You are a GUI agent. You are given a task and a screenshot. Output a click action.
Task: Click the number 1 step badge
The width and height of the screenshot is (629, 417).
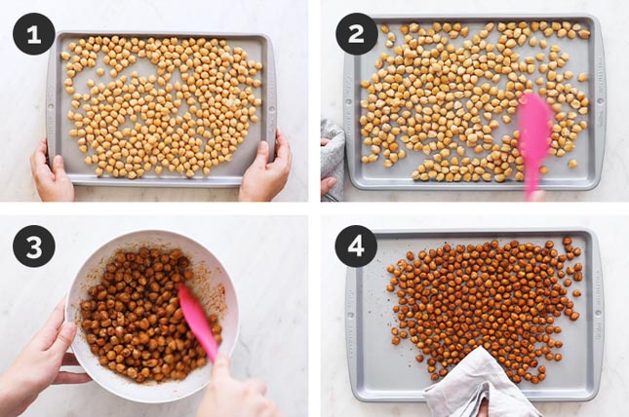(x=34, y=34)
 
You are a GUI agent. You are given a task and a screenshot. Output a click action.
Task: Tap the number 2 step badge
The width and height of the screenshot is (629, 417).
(x=356, y=34)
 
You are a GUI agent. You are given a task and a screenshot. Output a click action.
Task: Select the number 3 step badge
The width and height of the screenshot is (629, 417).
(x=34, y=246)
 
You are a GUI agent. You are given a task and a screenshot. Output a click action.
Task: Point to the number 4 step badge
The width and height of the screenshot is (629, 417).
(x=356, y=246)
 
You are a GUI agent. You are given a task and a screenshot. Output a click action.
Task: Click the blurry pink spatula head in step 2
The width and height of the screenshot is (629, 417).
(x=534, y=129)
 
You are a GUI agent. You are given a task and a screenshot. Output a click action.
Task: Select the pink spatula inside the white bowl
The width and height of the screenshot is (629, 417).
(x=198, y=322)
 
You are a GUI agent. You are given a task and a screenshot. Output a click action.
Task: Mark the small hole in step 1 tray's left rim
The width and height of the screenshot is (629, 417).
(x=51, y=107)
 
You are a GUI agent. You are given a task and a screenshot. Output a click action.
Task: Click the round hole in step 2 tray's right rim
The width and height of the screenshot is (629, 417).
(x=601, y=100)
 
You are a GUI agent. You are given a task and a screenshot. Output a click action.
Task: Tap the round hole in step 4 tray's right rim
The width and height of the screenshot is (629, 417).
(x=600, y=315)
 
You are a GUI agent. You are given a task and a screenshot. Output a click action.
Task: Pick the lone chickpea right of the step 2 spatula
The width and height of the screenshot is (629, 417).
(x=572, y=163)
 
